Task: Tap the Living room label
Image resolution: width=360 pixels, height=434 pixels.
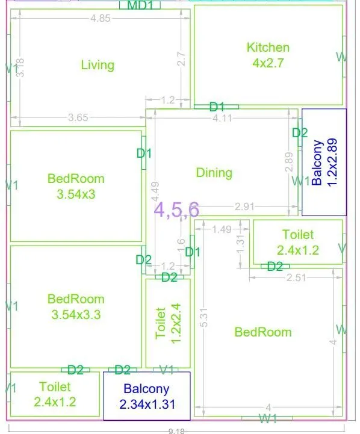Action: tap(98, 65)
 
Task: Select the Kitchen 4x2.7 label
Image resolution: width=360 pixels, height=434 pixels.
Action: tap(268, 54)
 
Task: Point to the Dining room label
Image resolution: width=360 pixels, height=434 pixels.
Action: tap(214, 173)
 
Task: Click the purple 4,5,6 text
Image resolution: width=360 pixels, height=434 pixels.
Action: tap(176, 209)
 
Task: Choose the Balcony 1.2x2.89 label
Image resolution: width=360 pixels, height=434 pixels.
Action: tap(324, 163)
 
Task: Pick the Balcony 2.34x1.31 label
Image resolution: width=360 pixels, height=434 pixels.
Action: tap(147, 397)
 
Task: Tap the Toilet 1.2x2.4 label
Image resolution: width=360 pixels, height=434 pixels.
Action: tap(167, 324)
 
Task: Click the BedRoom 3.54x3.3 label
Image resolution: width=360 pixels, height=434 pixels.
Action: tap(76, 306)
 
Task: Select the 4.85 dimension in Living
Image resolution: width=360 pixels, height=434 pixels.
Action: tap(101, 18)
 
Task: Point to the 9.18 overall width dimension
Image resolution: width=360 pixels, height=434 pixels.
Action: tap(176, 430)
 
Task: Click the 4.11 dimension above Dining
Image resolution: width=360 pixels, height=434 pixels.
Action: tap(223, 118)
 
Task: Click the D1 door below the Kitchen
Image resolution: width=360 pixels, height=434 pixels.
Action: tap(217, 107)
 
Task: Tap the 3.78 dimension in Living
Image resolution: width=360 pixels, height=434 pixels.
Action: tap(20, 67)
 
